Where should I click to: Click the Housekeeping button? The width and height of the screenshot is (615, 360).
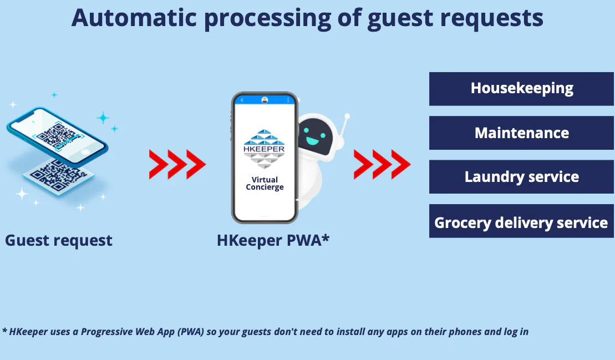521,89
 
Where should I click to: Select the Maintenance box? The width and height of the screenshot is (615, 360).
521,133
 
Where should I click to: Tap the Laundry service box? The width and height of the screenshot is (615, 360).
521,176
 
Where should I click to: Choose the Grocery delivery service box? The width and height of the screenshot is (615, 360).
521,221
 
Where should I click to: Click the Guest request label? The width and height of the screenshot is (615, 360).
59,240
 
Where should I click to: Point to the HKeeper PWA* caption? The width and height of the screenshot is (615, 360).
273,240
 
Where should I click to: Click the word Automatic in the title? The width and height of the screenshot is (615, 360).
134,18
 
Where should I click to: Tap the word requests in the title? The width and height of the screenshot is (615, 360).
491,19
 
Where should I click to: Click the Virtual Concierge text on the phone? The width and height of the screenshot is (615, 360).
265,183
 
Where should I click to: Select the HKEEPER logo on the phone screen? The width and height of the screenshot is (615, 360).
264,149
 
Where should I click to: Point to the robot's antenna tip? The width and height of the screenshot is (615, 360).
347,116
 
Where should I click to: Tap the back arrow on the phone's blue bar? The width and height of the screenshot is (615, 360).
242,100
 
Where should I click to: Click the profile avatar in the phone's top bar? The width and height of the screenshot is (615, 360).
265,100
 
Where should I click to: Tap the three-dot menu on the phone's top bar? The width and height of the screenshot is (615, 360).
288,100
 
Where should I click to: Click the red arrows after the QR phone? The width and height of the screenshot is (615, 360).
177,164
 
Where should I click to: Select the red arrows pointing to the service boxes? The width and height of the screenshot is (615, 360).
382,164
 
